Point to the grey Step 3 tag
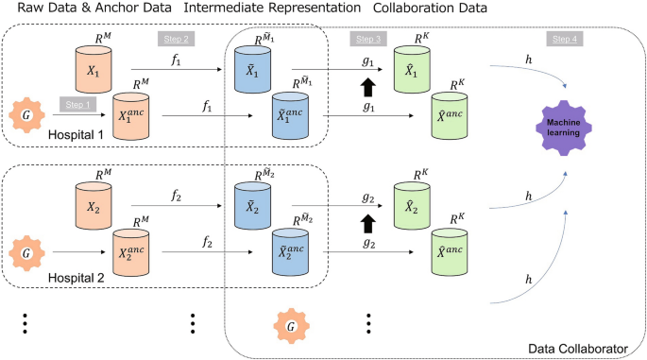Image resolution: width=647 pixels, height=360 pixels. pyautogui.click(x=368, y=39)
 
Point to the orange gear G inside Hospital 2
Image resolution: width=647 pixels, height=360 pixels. pyautogui.click(x=23, y=253)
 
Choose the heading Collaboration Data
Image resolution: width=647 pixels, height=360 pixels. pyautogui.click(x=430, y=9)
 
